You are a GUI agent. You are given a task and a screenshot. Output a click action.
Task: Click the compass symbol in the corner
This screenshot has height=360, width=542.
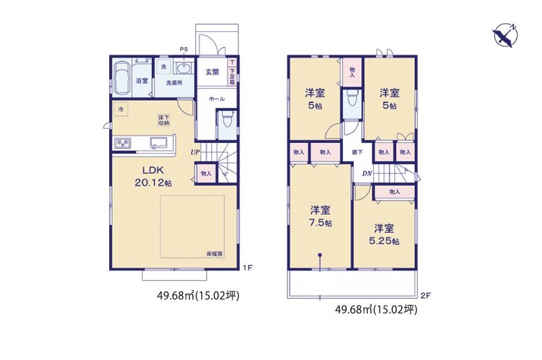505,35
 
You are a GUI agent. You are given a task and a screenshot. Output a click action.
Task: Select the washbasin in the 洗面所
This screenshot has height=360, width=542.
183,67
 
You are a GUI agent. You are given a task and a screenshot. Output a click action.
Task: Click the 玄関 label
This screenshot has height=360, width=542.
211,72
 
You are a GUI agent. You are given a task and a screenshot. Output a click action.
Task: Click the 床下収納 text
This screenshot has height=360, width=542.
164,120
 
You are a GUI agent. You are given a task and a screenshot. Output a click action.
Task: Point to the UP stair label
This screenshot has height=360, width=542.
194,153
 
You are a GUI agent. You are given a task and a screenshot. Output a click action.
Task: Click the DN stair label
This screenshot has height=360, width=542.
367,173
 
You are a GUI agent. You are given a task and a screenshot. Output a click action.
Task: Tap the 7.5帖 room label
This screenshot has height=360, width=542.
321,216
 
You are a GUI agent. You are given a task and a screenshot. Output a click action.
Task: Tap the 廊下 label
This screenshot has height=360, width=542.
357,153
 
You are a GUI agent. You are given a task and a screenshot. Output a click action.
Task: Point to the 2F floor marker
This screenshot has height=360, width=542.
425,295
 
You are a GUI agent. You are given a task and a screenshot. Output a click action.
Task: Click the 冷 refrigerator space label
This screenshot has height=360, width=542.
121,108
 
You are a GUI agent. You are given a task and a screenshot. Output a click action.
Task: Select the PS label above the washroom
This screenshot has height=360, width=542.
184,49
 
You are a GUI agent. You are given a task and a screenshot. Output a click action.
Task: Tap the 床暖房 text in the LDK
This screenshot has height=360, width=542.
215,254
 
